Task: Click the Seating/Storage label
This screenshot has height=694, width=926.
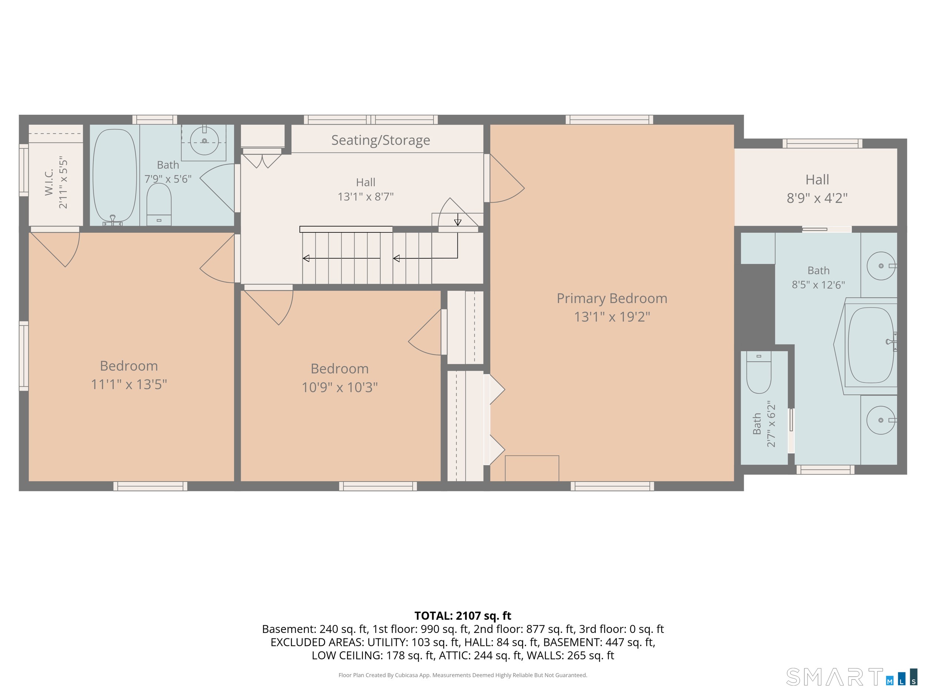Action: click(380, 140)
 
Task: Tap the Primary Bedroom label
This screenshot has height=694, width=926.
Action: click(612, 298)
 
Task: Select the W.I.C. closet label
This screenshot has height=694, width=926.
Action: click(49, 182)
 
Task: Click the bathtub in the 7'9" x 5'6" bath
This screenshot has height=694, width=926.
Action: click(114, 176)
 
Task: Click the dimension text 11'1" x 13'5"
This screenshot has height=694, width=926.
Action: click(129, 385)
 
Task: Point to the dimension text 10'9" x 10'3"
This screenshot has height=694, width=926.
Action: click(340, 388)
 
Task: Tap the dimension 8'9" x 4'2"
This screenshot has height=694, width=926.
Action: click(817, 198)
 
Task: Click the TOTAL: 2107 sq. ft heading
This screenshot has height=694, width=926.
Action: click(463, 616)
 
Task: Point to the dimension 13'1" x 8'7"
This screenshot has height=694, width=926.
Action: click(366, 197)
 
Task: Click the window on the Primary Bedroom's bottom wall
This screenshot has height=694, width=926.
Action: click(612, 486)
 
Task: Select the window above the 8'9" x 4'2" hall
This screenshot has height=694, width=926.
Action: click(822, 144)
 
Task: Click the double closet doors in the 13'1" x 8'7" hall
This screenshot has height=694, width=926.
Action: click(263, 161)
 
